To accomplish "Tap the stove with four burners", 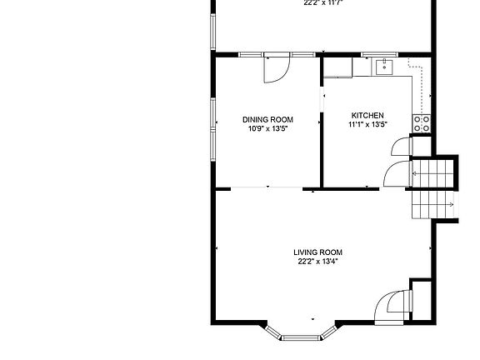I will point(422,124).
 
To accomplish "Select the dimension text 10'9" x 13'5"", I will point(267,129).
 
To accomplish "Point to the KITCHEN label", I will point(367,115).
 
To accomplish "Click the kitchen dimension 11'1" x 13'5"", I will point(367,124).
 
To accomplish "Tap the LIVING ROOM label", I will point(317,252).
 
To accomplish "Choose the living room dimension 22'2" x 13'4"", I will point(317,262).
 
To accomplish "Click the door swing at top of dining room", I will point(276,69).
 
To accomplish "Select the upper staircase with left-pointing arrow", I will point(433,174).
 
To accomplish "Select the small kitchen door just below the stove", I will point(400,147).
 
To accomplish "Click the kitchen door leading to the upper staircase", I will point(395,175).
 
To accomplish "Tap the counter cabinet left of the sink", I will point(337,67).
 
